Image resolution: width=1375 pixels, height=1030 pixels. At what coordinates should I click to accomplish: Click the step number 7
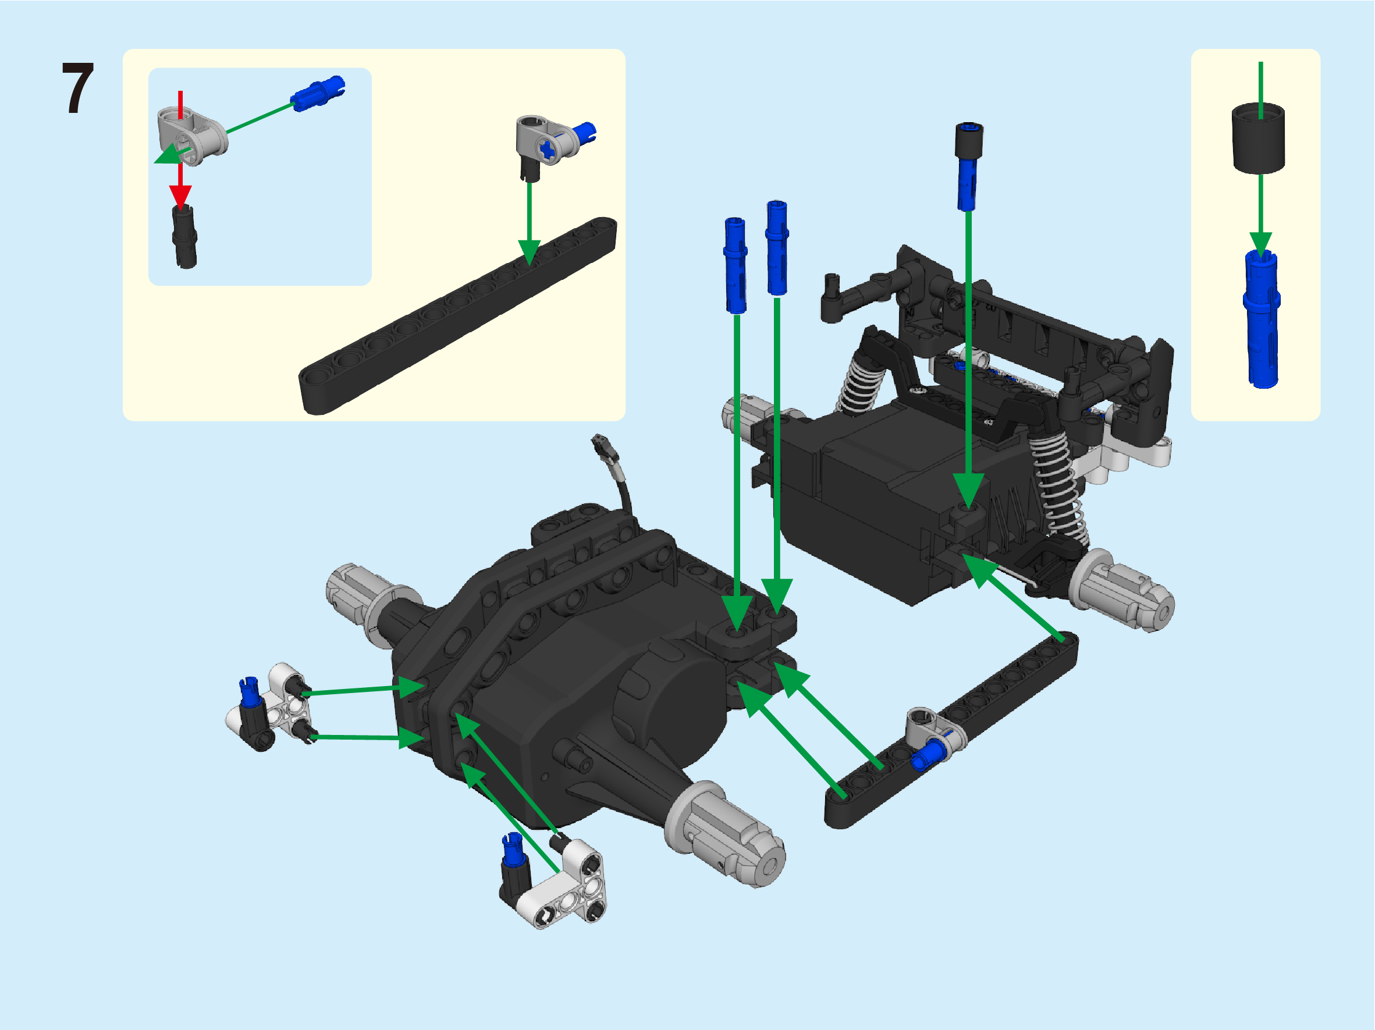point(79,88)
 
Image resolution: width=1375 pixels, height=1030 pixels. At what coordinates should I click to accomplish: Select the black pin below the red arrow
point(184,237)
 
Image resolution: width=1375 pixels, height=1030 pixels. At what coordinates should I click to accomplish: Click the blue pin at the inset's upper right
point(318,93)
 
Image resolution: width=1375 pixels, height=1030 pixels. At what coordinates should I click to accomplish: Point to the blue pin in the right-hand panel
point(1262,319)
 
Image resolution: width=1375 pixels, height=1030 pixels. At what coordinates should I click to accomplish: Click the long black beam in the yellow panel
point(458,315)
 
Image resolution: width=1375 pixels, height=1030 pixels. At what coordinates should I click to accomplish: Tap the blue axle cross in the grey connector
point(547,149)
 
